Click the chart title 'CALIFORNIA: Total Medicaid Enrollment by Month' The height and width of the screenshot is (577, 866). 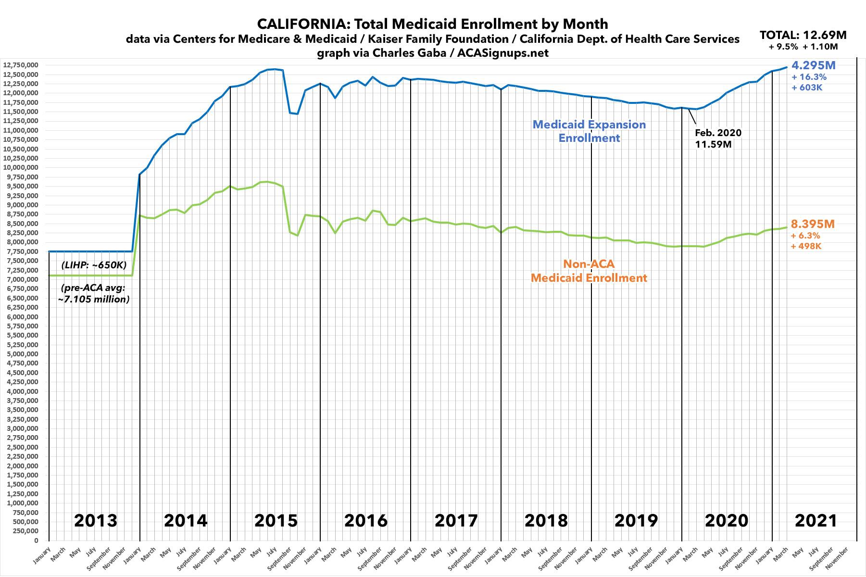(432, 24)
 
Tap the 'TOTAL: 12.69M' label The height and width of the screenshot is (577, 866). (803, 35)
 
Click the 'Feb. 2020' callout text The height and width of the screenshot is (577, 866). (718, 133)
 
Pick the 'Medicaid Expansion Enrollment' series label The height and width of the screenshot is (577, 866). (589, 131)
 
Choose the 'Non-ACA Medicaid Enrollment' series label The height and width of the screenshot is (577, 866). (589, 271)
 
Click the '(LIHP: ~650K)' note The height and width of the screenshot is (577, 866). (94, 265)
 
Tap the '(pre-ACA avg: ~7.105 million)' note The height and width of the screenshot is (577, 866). (95, 294)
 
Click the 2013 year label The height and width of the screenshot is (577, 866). (95, 520)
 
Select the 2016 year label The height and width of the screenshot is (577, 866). (366, 520)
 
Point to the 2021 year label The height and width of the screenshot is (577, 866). (816, 520)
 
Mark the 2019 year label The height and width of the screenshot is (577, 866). (636, 520)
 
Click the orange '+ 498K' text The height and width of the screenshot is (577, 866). (806, 246)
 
